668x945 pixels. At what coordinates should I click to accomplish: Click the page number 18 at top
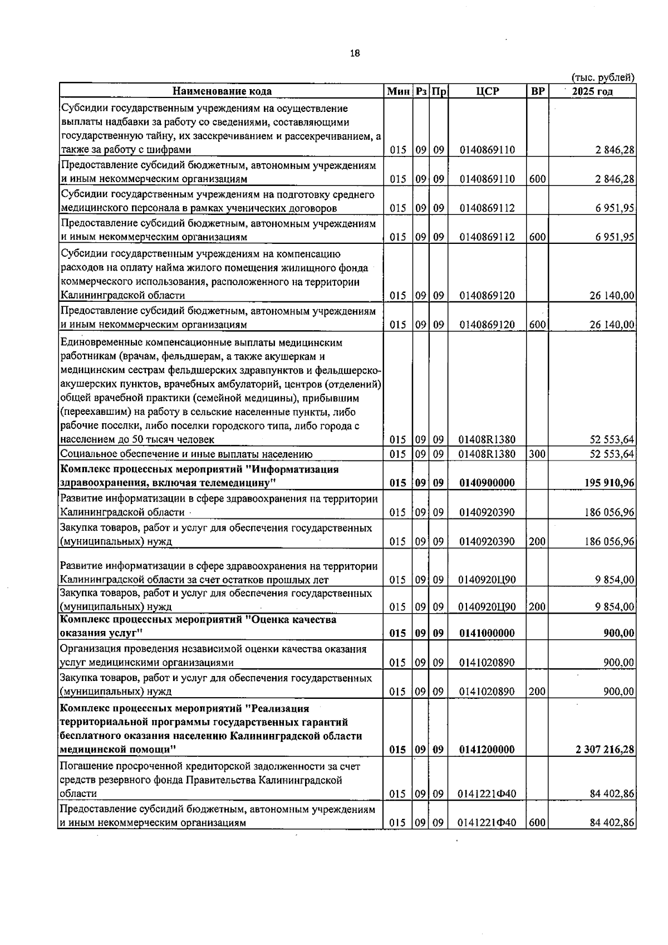coord(355,53)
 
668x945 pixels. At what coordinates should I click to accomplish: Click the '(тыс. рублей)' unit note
coord(603,78)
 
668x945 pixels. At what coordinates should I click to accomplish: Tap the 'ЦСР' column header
coord(488,91)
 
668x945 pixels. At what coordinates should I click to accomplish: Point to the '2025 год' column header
coord(592,91)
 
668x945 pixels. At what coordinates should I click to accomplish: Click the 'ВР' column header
coord(537,91)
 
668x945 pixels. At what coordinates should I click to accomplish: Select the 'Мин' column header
coord(399,91)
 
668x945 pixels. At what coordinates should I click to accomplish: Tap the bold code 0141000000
coord(487,633)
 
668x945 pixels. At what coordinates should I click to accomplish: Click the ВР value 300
coord(537,454)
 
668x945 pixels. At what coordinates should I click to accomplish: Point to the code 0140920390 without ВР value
coord(487,512)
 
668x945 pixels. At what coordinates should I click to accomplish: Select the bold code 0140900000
coord(487,483)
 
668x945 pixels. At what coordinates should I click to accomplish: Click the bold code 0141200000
coord(487,750)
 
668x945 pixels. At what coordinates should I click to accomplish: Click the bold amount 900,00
coord(619,633)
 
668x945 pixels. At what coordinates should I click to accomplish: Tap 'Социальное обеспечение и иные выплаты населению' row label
coord(186,454)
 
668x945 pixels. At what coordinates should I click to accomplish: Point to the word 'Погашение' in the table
coord(83,766)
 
